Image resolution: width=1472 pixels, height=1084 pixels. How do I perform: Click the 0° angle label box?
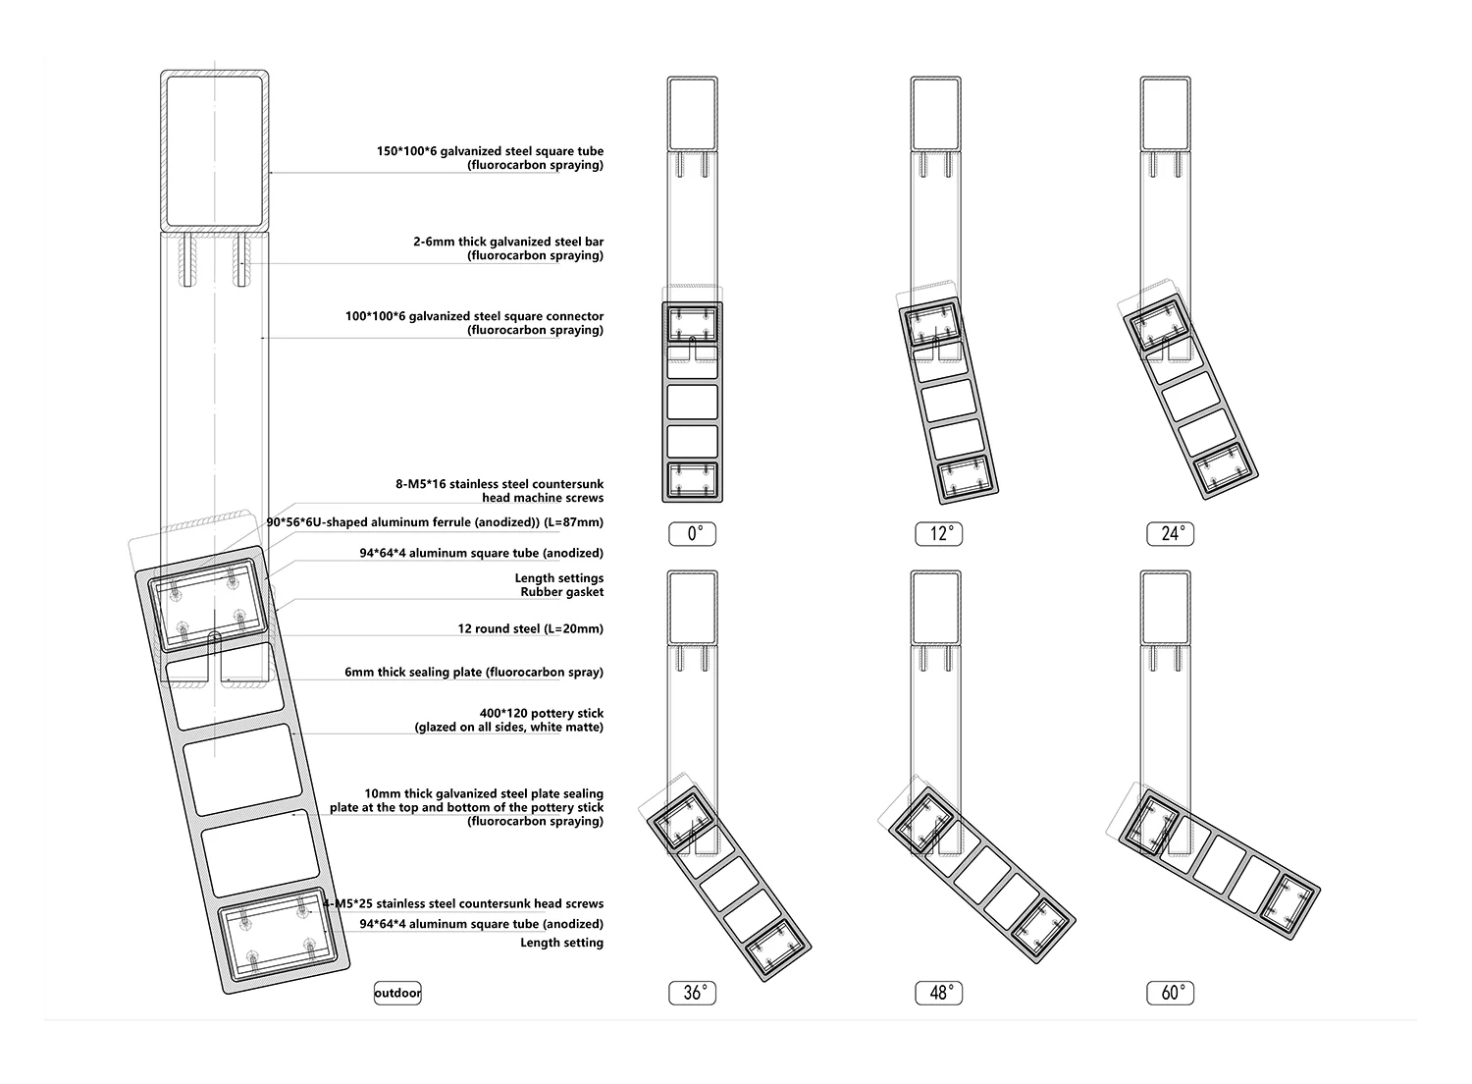(692, 534)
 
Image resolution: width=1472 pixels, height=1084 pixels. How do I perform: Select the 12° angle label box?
(938, 534)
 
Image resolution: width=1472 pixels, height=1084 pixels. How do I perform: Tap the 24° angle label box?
(1170, 534)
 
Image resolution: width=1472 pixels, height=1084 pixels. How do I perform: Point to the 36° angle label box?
(692, 993)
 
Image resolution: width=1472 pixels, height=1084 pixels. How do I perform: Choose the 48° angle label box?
(938, 993)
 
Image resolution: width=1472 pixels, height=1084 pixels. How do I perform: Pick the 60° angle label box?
(1170, 993)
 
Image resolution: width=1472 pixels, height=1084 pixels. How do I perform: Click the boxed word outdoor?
(397, 993)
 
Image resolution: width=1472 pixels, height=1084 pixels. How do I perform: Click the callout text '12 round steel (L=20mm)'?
(530, 628)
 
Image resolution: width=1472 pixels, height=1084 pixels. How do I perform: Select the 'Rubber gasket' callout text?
(562, 592)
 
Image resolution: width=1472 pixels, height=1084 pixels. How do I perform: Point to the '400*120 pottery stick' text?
(542, 713)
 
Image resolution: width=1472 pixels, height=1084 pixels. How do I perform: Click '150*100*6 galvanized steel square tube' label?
(490, 151)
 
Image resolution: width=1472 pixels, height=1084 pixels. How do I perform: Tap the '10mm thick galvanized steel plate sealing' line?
(484, 793)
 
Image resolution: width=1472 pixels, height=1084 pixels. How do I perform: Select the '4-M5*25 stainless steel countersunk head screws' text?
(463, 903)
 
